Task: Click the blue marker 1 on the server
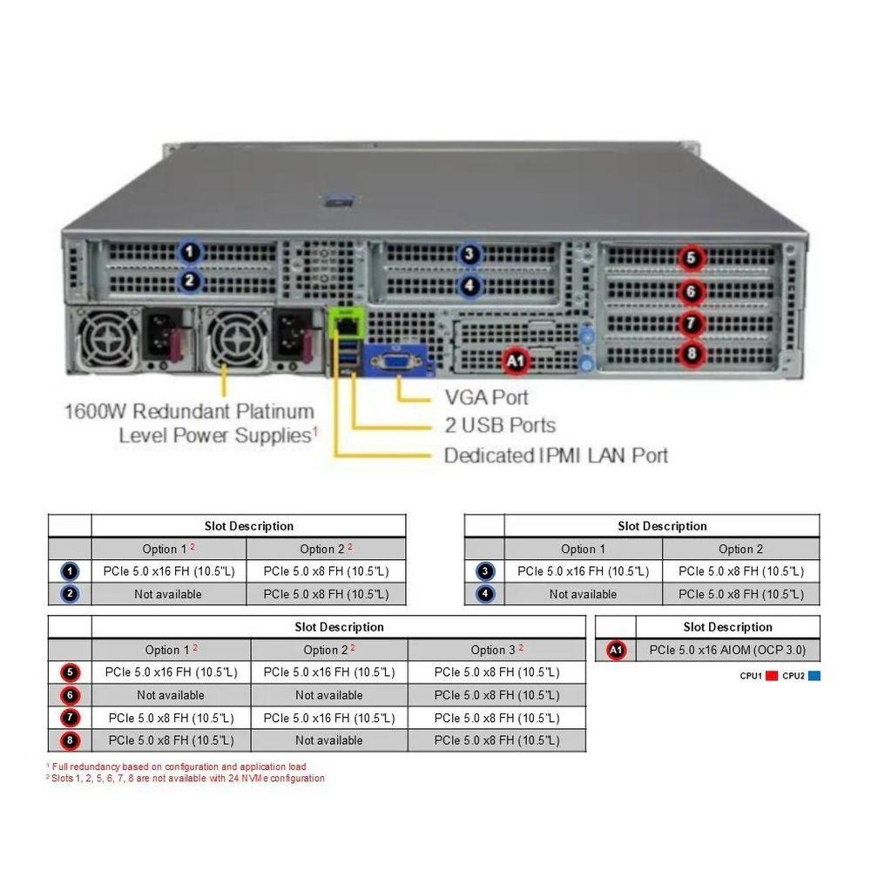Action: [189, 253]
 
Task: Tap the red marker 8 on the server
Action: [691, 353]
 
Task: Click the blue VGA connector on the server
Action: [398, 361]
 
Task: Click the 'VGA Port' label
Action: [486, 398]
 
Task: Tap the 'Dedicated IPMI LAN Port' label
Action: [556, 455]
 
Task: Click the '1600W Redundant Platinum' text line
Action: [189, 410]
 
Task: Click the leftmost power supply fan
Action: [108, 335]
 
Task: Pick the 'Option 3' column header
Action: [496, 650]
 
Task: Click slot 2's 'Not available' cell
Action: [169, 594]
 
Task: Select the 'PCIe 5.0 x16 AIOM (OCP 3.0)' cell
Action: [727, 650]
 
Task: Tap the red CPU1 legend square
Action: [771, 676]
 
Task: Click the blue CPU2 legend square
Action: [814, 676]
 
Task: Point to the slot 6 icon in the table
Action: [71, 695]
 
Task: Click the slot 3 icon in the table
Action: [485, 571]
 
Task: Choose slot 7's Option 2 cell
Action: [328, 718]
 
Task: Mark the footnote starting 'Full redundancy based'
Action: [179, 766]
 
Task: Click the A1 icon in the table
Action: [616, 650]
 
